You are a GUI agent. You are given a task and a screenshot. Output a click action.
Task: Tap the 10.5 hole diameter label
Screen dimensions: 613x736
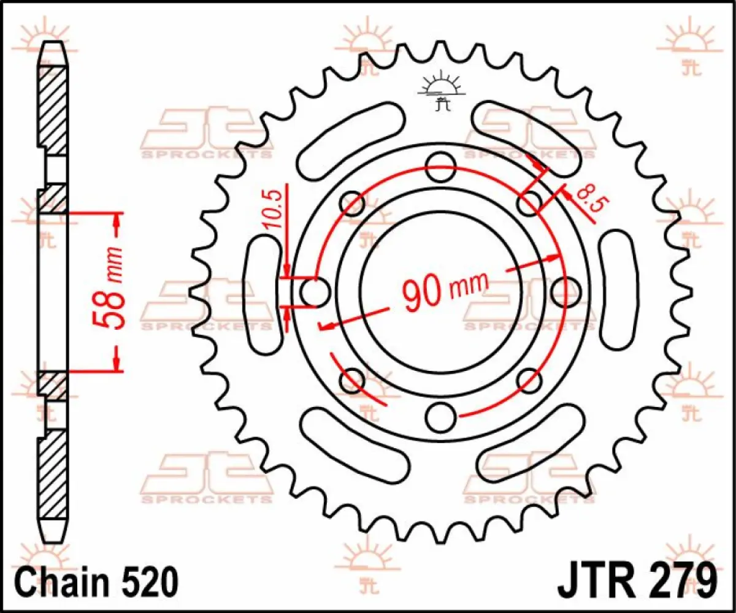point(274,209)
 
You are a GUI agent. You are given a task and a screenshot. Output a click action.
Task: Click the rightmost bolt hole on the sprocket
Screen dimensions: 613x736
point(565,292)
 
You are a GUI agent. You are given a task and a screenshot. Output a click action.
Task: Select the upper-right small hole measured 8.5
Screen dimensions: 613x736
point(529,203)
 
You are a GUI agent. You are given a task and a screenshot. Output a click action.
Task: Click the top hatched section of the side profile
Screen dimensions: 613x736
point(53,110)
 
